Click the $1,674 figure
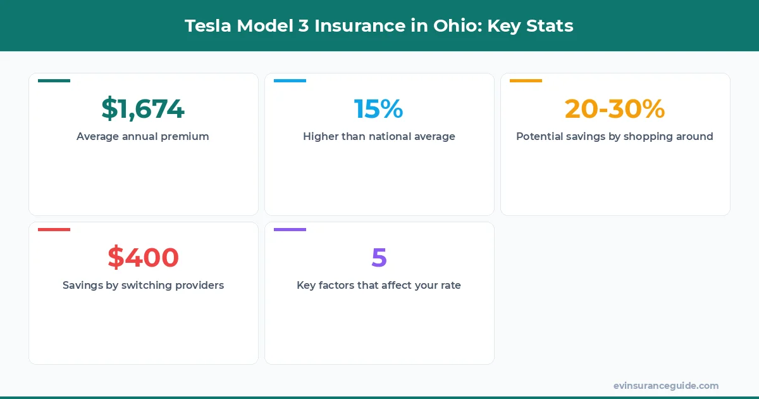point(143,109)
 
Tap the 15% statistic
point(378,109)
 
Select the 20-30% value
point(614,109)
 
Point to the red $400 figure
point(143,258)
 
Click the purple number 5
point(379,258)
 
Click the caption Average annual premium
point(143,136)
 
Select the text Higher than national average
point(379,136)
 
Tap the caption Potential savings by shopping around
point(614,136)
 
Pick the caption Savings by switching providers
point(143,285)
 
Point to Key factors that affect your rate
point(379,285)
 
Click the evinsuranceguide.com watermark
point(665,386)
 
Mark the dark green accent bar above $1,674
point(54,80)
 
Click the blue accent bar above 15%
point(290,80)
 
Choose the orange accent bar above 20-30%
point(526,80)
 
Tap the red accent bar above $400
point(54,229)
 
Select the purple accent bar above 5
point(290,229)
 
